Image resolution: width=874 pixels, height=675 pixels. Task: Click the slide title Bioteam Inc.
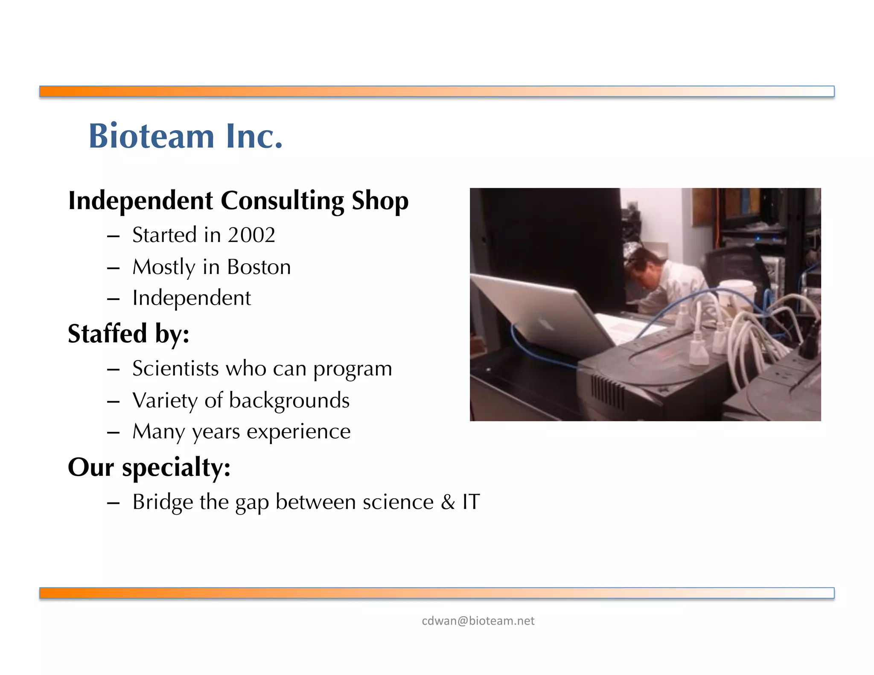click(186, 136)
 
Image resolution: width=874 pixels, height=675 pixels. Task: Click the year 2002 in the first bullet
click(251, 235)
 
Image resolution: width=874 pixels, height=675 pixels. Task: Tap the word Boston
click(259, 267)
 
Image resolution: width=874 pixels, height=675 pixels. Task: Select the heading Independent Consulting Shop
click(238, 201)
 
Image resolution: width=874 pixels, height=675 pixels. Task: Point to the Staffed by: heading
click(128, 334)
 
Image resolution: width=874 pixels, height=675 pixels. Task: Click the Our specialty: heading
click(149, 467)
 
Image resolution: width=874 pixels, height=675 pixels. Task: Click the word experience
click(298, 431)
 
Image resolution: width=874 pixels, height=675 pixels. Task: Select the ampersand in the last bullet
click(448, 502)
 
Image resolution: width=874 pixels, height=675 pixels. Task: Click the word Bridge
click(163, 502)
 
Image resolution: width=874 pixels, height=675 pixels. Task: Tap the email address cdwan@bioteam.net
click(478, 621)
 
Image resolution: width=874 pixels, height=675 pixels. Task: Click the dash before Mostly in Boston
click(113, 268)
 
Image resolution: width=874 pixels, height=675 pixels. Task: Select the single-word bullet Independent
click(192, 298)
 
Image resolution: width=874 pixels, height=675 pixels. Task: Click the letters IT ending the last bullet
click(471, 502)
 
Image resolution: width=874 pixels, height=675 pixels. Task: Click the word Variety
click(165, 401)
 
